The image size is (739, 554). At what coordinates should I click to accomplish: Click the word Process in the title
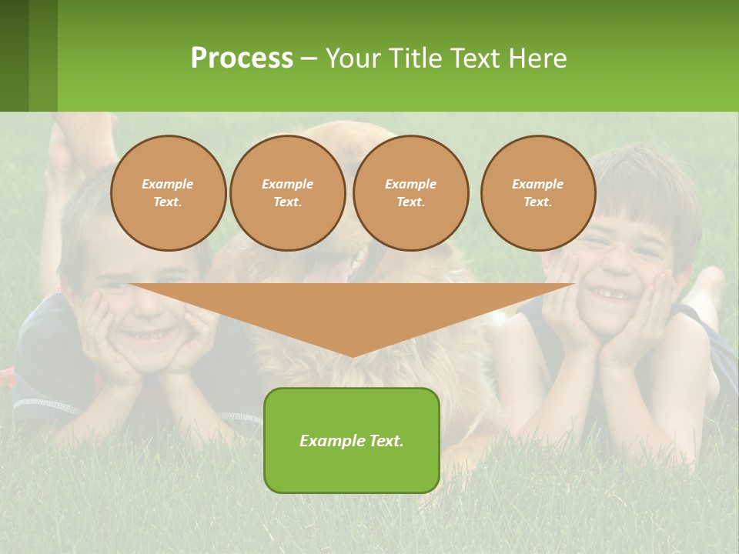pyautogui.click(x=242, y=58)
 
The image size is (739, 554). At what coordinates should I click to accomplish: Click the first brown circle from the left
pyautogui.click(x=168, y=193)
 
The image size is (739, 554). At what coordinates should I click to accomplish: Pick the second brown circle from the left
pyautogui.click(x=287, y=193)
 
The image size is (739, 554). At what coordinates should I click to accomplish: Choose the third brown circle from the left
pyautogui.click(x=410, y=193)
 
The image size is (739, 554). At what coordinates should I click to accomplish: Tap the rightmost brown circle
pyautogui.click(x=537, y=193)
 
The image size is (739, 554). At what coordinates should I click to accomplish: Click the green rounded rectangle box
pyautogui.click(x=352, y=462)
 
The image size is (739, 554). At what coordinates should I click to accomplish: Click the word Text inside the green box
pyautogui.click(x=385, y=441)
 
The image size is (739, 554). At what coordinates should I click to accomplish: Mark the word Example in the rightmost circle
pyautogui.click(x=537, y=184)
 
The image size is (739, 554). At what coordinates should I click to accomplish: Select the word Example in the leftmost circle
pyautogui.click(x=168, y=184)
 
